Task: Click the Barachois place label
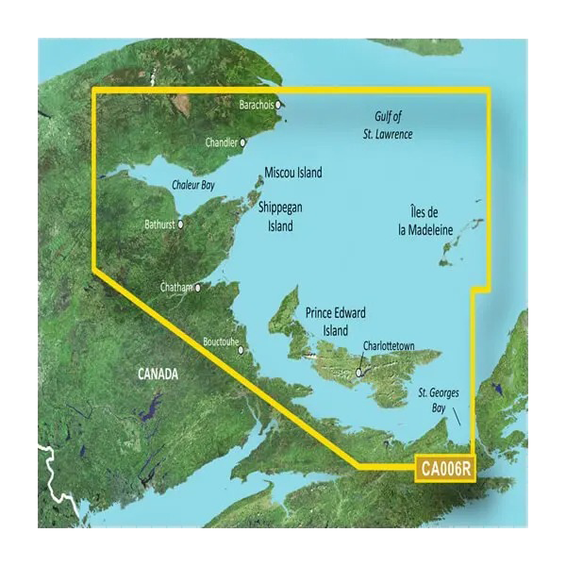pos(256,105)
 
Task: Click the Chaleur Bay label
pos(193,186)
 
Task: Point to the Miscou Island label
pos(292,173)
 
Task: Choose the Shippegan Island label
pos(279,218)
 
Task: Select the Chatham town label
pos(175,287)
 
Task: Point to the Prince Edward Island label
pos(335,322)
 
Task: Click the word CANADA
pos(158,375)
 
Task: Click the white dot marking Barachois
pos(278,106)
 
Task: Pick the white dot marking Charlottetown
pos(358,373)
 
